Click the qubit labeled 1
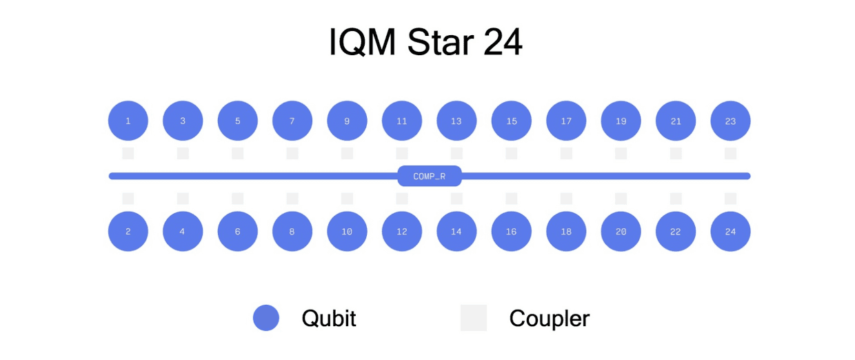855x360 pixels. (x=128, y=121)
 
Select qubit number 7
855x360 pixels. (x=292, y=121)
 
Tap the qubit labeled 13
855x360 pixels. (x=456, y=121)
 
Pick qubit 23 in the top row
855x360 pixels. (x=730, y=121)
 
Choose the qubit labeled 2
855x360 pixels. (x=128, y=232)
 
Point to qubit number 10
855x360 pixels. (x=347, y=232)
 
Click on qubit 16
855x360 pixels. (x=511, y=232)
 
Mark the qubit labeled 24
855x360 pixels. (x=730, y=232)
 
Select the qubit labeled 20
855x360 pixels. (x=621, y=232)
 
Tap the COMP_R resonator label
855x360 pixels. (x=429, y=176)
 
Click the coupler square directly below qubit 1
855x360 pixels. (x=128, y=153)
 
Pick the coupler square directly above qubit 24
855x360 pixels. (x=730, y=199)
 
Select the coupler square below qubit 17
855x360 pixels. (x=566, y=153)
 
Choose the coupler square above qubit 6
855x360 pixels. (x=237, y=199)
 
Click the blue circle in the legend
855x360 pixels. (x=266, y=318)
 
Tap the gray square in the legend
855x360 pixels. (x=474, y=318)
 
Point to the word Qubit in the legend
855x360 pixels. (x=329, y=319)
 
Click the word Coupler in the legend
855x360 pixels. (x=550, y=319)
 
